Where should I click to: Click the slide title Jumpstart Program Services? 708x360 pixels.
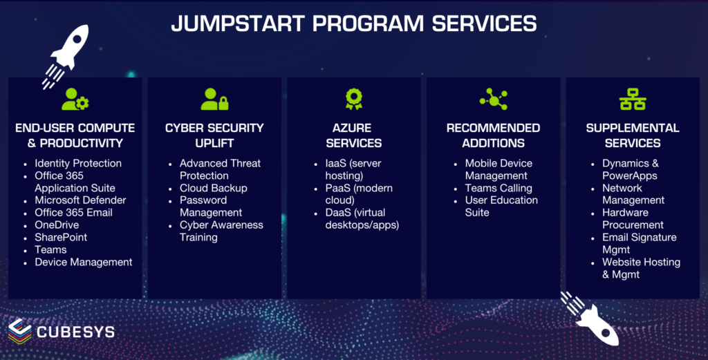tap(353, 23)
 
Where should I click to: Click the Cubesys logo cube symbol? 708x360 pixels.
tap(20, 331)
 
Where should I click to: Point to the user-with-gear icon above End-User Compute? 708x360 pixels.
tap(75, 100)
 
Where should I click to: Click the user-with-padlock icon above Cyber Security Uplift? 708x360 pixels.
tap(214, 100)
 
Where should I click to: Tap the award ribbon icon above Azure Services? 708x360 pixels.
tap(354, 100)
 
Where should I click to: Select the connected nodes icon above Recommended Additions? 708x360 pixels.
tap(493, 100)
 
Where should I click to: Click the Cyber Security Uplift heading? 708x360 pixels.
tap(214, 135)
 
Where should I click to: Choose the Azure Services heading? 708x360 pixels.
tap(354, 135)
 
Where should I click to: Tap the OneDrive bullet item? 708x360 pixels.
tap(57, 225)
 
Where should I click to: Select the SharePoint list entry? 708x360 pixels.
tap(61, 238)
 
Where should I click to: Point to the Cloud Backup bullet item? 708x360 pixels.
tap(213, 188)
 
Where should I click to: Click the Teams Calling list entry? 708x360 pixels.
tap(498, 188)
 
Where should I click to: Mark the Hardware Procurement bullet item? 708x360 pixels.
tap(633, 218)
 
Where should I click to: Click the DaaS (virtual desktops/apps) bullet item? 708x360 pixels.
tap(362, 218)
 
